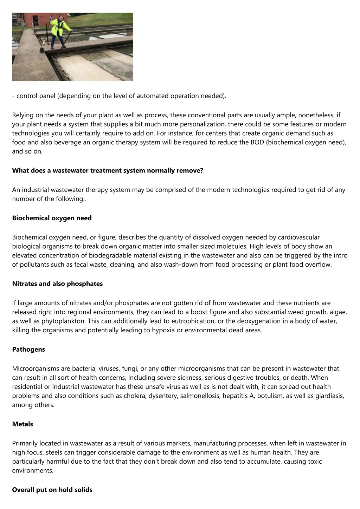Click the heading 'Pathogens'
pos(28,350)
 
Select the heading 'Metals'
pos(22,424)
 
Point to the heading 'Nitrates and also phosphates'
pos(57,284)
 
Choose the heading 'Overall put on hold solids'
pos(52,490)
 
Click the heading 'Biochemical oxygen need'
pos(52,218)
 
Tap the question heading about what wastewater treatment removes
pos(108,171)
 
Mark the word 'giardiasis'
pos(329,396)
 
